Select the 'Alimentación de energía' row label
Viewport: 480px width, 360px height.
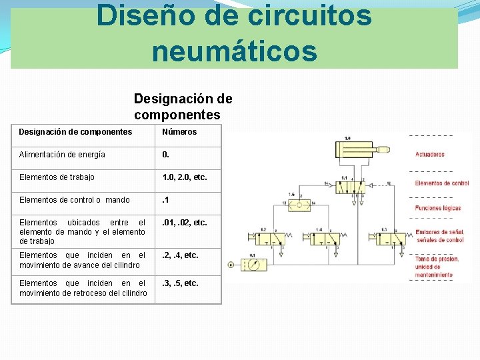point(62,155)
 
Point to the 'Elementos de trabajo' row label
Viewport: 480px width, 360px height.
point(57,177)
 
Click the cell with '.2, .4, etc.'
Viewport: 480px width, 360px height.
point(181,255)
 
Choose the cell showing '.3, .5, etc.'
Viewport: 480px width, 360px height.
point(181,283)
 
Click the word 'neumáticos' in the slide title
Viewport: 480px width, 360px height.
point(234,51)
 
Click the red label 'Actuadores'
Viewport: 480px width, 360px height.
point(429,155)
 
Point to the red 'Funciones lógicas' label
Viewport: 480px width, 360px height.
point(437,209)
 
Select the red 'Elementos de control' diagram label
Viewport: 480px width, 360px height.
point(441,183)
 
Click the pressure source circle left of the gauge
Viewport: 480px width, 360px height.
point(231,265)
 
